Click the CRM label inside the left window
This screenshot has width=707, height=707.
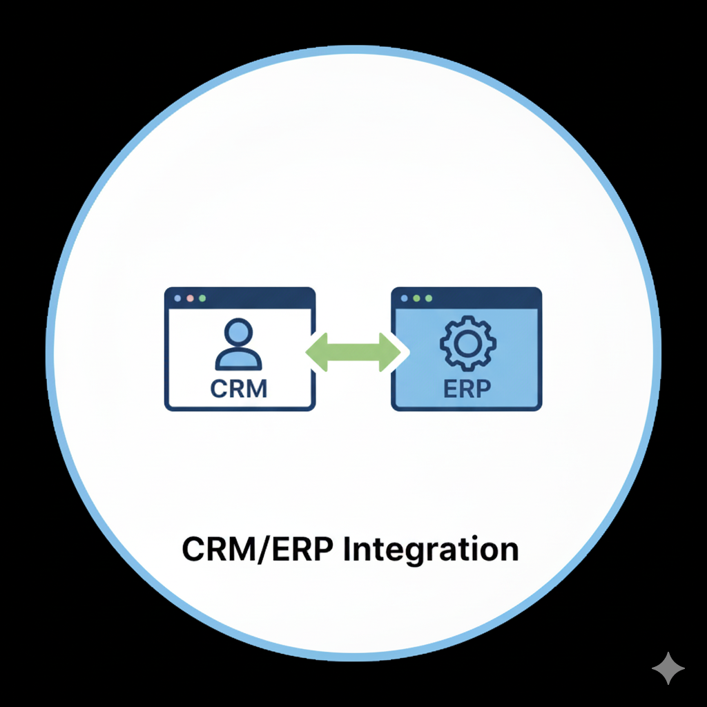238,387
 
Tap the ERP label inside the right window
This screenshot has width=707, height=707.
466,387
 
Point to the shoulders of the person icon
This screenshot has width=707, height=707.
238,360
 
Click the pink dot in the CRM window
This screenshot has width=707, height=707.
190,298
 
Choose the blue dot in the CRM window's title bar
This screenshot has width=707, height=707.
178,298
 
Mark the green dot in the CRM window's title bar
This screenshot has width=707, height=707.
202,298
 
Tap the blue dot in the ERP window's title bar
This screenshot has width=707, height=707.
405,298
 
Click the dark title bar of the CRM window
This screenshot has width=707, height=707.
262,298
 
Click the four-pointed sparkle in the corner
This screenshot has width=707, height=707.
668,668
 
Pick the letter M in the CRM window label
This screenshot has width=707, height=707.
255,387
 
